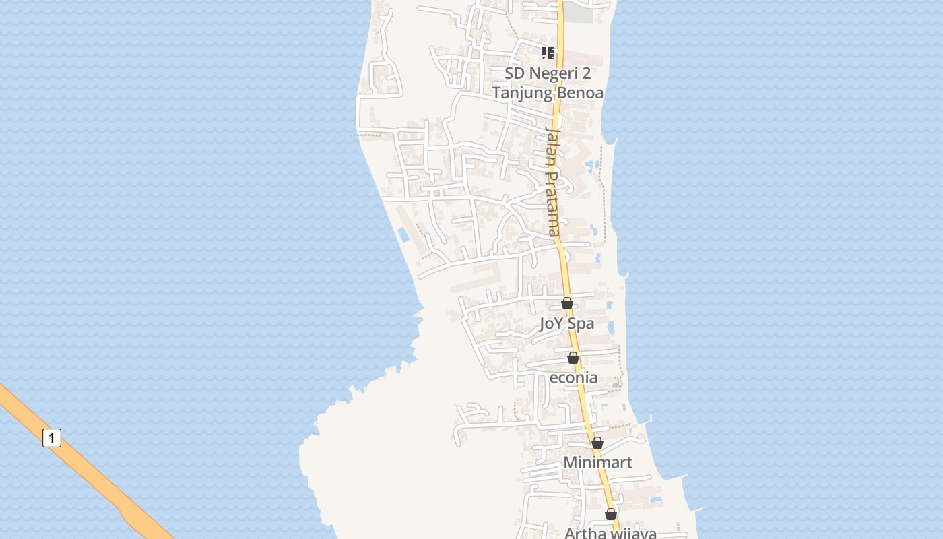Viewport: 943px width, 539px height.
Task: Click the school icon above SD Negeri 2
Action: coord(548,53)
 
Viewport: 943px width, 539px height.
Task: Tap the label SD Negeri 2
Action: coord(548,73)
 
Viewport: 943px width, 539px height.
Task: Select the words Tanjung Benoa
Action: coord(548,92)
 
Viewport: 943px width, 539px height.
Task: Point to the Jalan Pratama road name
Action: coord(553,182)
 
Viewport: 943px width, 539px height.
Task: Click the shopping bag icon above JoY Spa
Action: coord(567,303)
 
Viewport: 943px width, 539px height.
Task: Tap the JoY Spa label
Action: coord(566,323)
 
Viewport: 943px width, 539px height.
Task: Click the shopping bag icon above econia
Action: coord(573,358)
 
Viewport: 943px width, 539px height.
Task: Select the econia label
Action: coord(573,377)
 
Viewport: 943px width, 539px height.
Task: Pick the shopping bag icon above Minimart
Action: coord(597,443)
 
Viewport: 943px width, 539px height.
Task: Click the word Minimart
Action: coord(597,462)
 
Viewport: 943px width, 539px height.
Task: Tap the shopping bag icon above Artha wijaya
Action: coord(610,514)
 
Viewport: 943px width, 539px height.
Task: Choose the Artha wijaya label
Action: coord(610,533)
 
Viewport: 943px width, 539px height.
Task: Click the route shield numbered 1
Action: coord(52,438)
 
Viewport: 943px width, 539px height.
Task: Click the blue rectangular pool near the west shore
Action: coord(403,234)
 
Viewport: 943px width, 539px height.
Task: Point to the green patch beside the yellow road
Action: coord(578,12)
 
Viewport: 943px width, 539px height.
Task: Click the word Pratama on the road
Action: coord(554,202)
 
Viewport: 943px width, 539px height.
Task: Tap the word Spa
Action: coord(580,323)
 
